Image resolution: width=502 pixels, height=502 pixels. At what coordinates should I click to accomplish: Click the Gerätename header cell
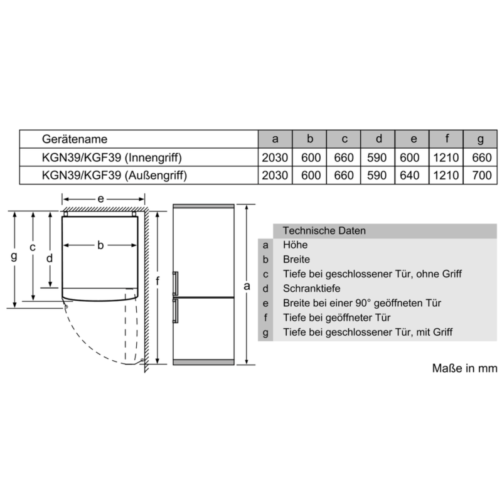pos(75,139)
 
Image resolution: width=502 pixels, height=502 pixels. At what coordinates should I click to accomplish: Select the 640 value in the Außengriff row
pos(410,175)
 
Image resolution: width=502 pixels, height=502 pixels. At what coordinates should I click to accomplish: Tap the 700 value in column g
pos(482,175)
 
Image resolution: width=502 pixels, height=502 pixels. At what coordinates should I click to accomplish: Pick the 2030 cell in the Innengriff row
pos(275,158)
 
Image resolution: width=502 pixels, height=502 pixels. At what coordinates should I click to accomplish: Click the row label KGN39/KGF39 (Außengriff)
pos(114,176)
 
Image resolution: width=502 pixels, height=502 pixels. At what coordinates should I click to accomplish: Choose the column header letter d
pos(379,139)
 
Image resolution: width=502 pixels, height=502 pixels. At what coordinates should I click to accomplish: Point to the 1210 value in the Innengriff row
pos(446,158)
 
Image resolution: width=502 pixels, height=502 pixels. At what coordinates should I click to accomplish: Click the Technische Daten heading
pos(324,230)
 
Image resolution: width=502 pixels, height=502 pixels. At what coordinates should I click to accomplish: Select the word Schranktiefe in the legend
pos(311,289)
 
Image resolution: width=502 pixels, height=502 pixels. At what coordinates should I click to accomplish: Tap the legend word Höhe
pos(295,245)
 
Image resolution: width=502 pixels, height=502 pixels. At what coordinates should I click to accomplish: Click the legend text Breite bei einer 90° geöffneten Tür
pos(362,303)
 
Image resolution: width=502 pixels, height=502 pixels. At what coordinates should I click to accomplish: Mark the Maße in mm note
pos(464,368)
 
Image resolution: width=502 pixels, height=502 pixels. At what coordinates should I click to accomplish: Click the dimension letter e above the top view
pos(100,199)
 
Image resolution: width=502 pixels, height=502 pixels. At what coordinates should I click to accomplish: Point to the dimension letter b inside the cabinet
pos(100,245)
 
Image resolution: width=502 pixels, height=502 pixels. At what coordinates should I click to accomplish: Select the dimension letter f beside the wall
pos(158,280)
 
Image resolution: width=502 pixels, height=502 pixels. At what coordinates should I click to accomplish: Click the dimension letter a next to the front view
pos(247,286)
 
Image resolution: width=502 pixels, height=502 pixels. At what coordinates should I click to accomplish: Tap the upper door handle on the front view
pos(175,284)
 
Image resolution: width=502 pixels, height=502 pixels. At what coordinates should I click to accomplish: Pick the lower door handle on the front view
pos(175,311)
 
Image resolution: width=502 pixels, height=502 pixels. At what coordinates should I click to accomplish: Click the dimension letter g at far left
pos(14,256)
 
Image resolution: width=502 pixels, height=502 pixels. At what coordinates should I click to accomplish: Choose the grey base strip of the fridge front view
pos(203,362)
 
